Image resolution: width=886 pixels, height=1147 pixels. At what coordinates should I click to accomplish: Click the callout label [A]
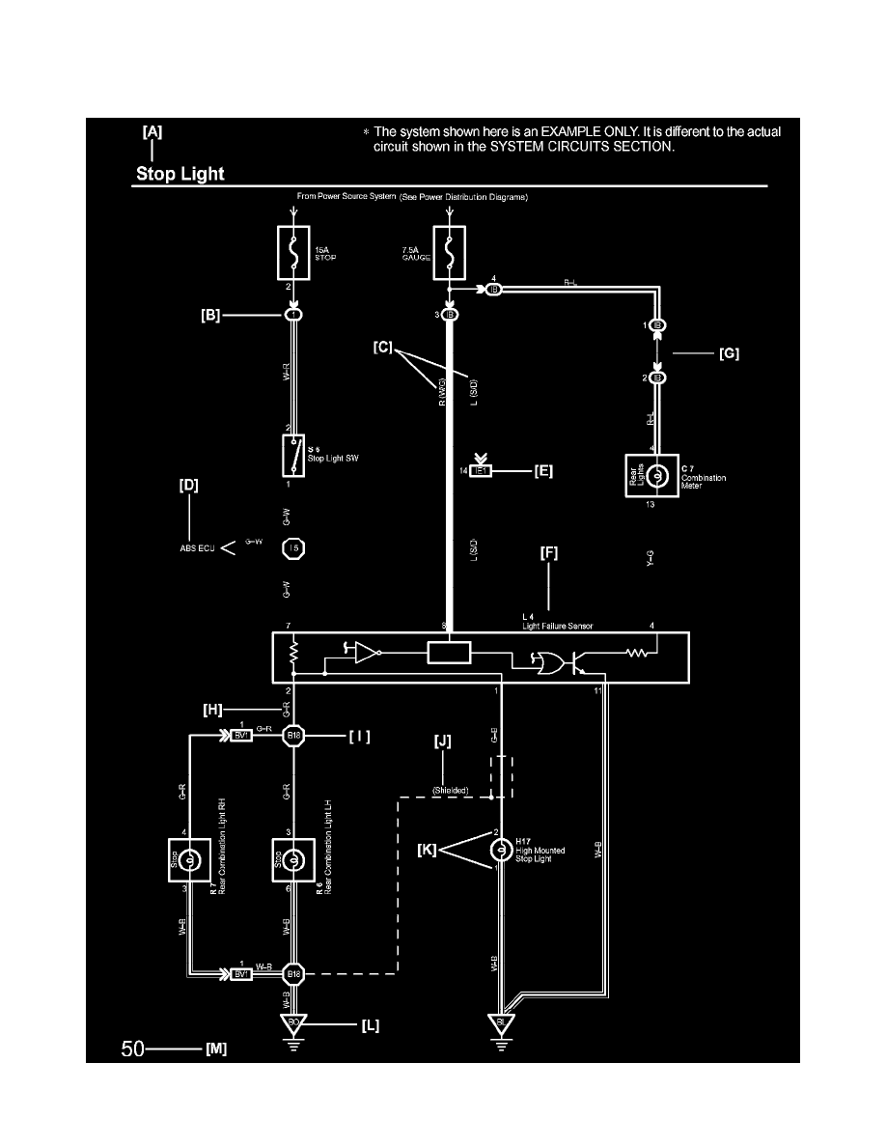[x=152, y=132]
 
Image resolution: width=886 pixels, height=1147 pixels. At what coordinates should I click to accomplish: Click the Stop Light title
[x=180, y=175]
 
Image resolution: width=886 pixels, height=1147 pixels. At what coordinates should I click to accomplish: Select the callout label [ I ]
[x=359, y=736]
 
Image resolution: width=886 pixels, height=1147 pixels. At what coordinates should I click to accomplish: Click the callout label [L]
[x=369, y=1026]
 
